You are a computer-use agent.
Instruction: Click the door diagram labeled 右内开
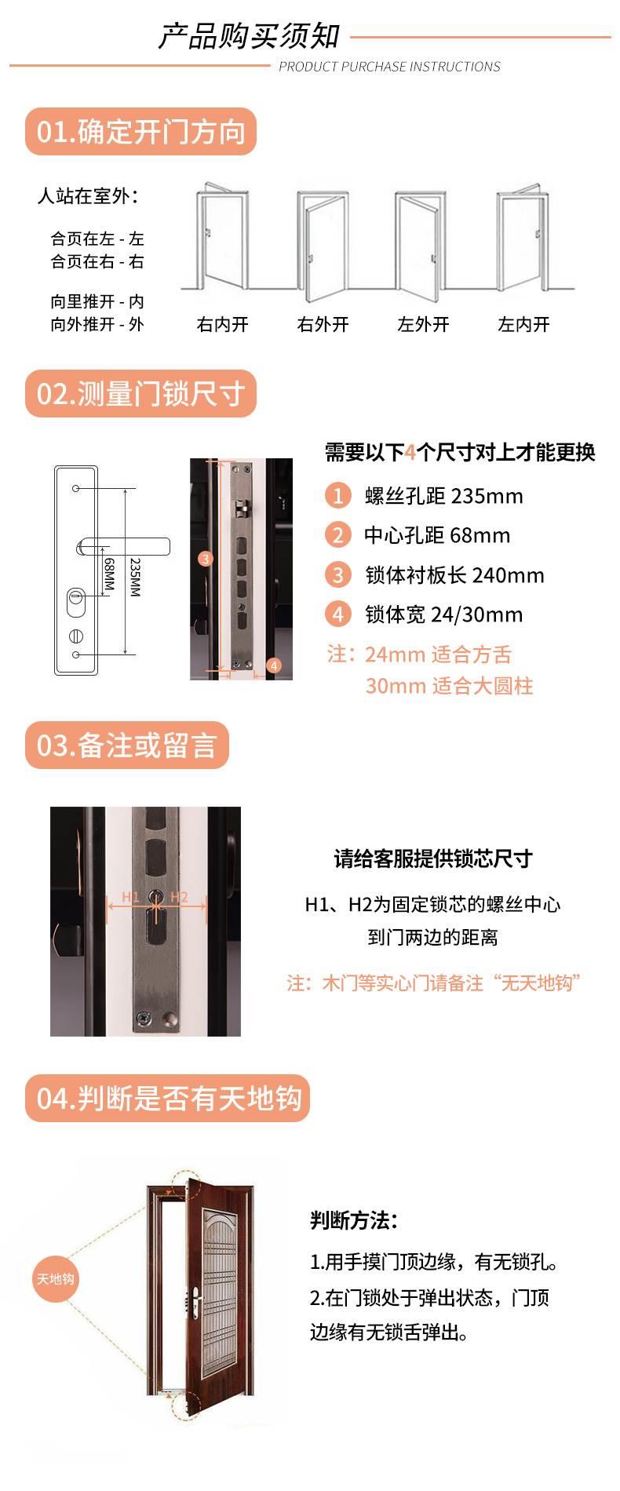(222, 240)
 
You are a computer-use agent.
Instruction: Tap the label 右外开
(323, 324)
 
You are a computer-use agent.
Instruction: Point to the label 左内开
(523, 324)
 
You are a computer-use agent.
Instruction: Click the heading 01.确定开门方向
(141, 131)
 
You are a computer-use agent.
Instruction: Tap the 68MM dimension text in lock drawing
(109, 574)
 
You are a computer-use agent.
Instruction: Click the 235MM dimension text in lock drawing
(135, 578)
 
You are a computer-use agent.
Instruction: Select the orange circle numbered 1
(338, 496)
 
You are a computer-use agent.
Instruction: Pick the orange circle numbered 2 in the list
(338, 535)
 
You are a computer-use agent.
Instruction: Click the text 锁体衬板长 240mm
(454, 575)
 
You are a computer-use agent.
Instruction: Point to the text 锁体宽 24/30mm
(443, 614)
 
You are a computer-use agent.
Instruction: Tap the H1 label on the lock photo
(130, 897)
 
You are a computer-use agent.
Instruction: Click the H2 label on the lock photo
(179, 897)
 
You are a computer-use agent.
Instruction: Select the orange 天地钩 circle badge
(55, 1279)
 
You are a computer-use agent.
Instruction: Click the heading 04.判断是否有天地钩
(169, 1098)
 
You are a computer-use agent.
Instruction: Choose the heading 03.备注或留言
(126, 745)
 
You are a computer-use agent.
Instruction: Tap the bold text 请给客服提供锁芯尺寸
(433, 859)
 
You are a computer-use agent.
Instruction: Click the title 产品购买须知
(250, 36)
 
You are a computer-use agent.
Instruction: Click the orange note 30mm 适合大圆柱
(449, 686)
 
